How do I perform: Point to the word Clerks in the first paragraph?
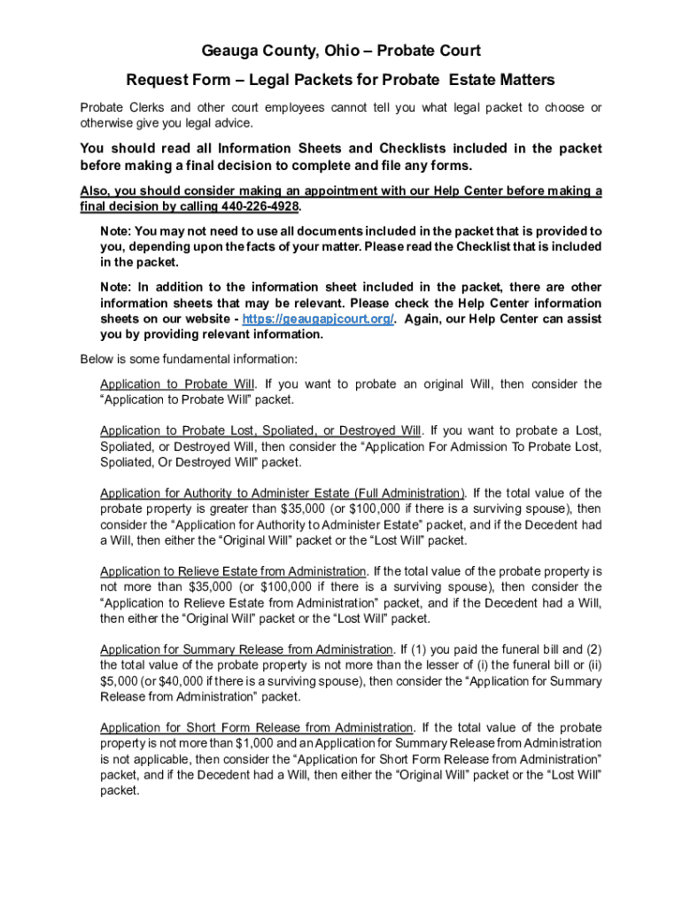point(156,108)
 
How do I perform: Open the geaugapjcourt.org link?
point(318,319)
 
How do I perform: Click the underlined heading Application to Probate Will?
point(178,384)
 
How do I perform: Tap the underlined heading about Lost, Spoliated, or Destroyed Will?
point(260,430)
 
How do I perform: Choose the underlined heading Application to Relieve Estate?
point(233,571)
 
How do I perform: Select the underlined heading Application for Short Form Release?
point(257,728)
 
